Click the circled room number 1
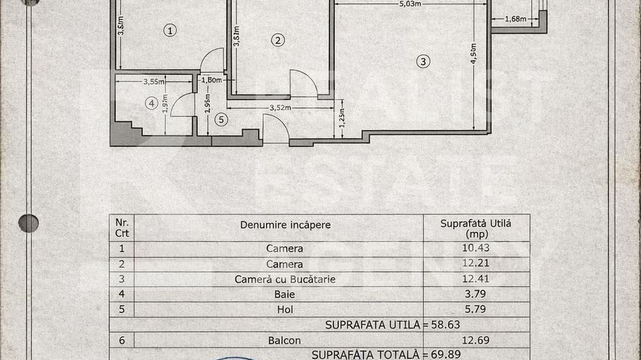170,30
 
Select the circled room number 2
277,40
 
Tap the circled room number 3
424,61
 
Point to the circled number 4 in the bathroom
152,103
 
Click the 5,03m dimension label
410,3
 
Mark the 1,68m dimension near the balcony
515,19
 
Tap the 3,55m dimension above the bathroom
154,81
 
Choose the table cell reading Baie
285,294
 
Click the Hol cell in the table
285,309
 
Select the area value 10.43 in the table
476,248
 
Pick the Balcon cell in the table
285,340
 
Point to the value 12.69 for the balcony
476,340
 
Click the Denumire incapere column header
285,225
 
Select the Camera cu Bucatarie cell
285,279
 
